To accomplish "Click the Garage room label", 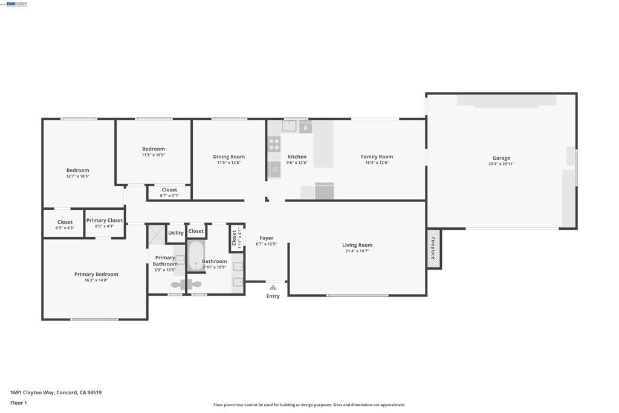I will pos(501,158).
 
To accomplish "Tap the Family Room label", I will pos(377,157).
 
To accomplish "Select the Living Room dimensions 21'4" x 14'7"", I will pos(357,251).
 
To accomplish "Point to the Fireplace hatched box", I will pos(433,248).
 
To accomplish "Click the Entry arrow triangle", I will pos(273,288).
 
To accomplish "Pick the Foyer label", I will pos(266,238).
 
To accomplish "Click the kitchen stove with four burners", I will pos(274,144).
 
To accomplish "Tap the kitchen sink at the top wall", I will pos(290,126).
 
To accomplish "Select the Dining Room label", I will pos(228,157).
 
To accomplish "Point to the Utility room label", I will pos(176,233).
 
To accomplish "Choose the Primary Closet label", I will pos(105,221).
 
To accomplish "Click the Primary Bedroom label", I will pos(96,275).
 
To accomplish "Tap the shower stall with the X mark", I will pos(157,235).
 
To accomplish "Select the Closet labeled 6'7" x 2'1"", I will pos(169,192).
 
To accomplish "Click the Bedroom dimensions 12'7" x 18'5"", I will pos(77,176).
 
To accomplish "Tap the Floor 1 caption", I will pos(19,403).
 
